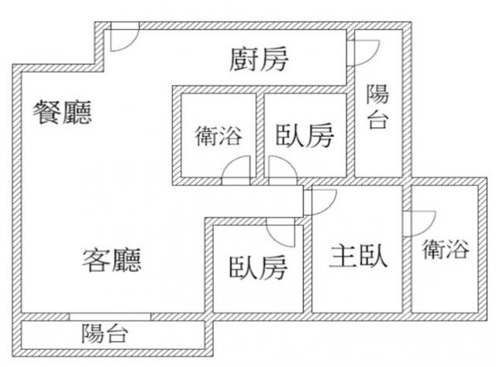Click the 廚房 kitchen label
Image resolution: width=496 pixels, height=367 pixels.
coord(259,59)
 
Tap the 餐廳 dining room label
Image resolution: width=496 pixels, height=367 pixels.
coord(62,113)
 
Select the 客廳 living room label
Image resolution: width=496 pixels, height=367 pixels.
coord(112,259)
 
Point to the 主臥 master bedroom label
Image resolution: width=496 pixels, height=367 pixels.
coord(358,256)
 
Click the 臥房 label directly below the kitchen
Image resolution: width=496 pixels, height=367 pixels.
coord(305,137)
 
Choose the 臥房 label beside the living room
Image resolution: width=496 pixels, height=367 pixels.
coord(258,268)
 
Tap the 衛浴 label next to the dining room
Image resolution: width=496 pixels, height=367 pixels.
coord(218,137)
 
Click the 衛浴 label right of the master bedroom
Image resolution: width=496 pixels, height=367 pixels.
coord(446,249)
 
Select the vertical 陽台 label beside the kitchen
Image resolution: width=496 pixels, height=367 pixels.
coord(377,107)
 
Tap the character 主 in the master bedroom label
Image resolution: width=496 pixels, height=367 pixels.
coord(343,256)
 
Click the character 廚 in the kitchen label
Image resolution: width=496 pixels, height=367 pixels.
coord(244,59)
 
